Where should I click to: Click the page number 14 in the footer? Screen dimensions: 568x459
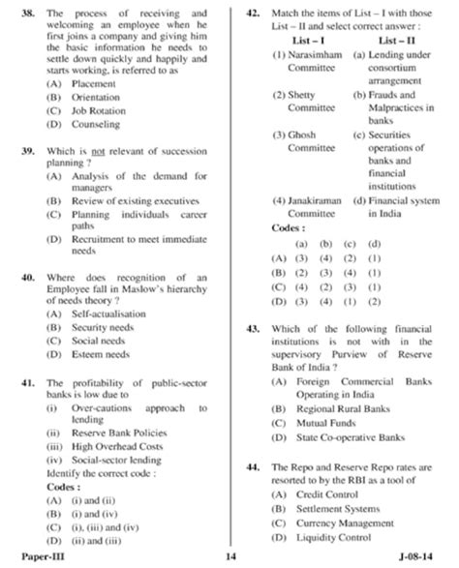230,558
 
